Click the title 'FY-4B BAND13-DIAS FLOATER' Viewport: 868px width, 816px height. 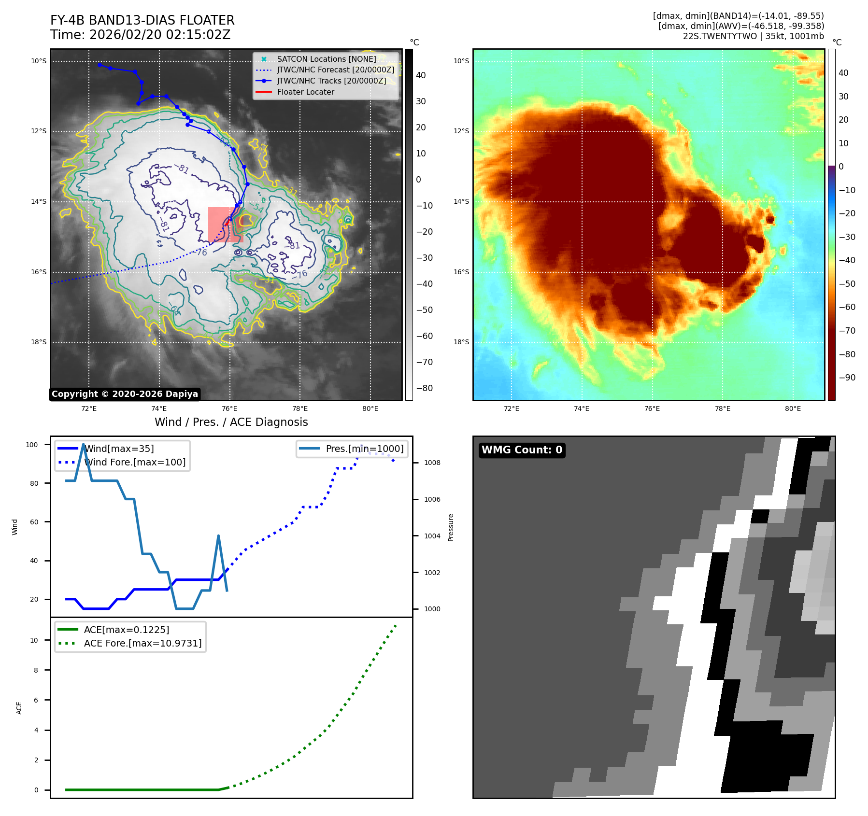point(142,20)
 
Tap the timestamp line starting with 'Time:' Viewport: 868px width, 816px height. point(140,35)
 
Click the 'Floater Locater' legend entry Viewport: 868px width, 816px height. point(305,92)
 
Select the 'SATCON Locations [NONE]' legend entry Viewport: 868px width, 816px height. point(326,59)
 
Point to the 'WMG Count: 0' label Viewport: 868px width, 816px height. point(522,450)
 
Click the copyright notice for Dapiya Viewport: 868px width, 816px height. point(125,394)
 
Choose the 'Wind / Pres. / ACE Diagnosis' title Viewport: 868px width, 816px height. point(231,422)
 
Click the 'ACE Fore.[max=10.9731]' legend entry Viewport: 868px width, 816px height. point(142,643)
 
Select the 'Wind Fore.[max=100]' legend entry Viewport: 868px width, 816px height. point(134,462)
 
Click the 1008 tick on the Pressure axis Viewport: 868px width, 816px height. point(432,463)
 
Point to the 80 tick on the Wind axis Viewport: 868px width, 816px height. point(34,483)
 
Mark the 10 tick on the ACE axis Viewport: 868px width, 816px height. point(34,640)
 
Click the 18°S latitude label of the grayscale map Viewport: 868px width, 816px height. point(39,342)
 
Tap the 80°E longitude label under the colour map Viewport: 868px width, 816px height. point(793,409)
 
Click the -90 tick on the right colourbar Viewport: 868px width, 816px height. point(847,378)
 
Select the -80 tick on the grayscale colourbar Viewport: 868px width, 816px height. point(425,388)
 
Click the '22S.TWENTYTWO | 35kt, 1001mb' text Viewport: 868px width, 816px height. point(753,36)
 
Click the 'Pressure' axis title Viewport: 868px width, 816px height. point(451,527)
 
